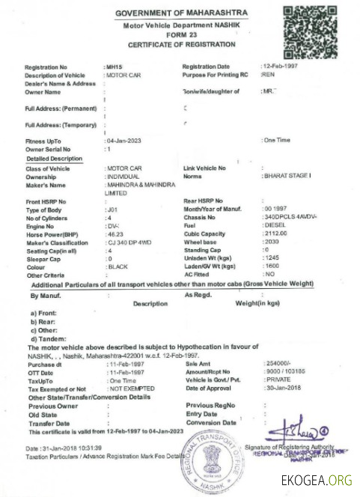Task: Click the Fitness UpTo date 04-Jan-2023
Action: [124, 141]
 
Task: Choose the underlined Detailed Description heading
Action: [54, 159]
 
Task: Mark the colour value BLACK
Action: [118, 267]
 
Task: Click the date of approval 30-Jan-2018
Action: [283, 388]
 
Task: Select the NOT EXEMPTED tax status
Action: [132, 388]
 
